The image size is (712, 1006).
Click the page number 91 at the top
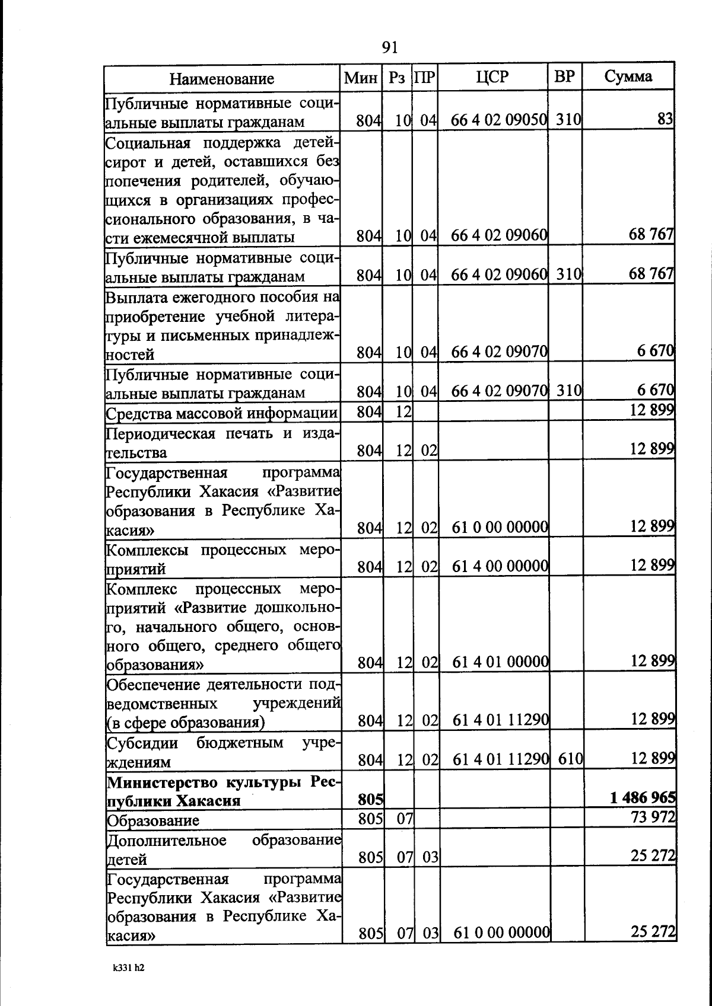click(390, 47)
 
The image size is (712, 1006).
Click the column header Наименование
click(222, 79)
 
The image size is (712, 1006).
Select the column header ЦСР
click(492, 77)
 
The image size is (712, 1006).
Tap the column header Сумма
click(628, 76)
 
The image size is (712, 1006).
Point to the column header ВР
click(564, 77)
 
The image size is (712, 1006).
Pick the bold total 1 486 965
click(643, 798)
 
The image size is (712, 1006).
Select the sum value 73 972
click(653, 817)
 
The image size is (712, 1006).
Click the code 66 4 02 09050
click(499, 120)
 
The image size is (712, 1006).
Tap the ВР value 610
click(570, 759)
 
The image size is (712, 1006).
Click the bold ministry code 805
click(370, 800)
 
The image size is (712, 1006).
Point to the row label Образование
click(152, 820)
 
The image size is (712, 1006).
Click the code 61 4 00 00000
click(500, 566)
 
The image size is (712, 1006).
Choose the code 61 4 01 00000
click(500, 661)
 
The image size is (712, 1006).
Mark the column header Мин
click(361, 78)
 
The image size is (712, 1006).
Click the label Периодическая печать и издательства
click(222, 443)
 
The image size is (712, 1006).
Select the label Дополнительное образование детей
click(223, 849)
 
